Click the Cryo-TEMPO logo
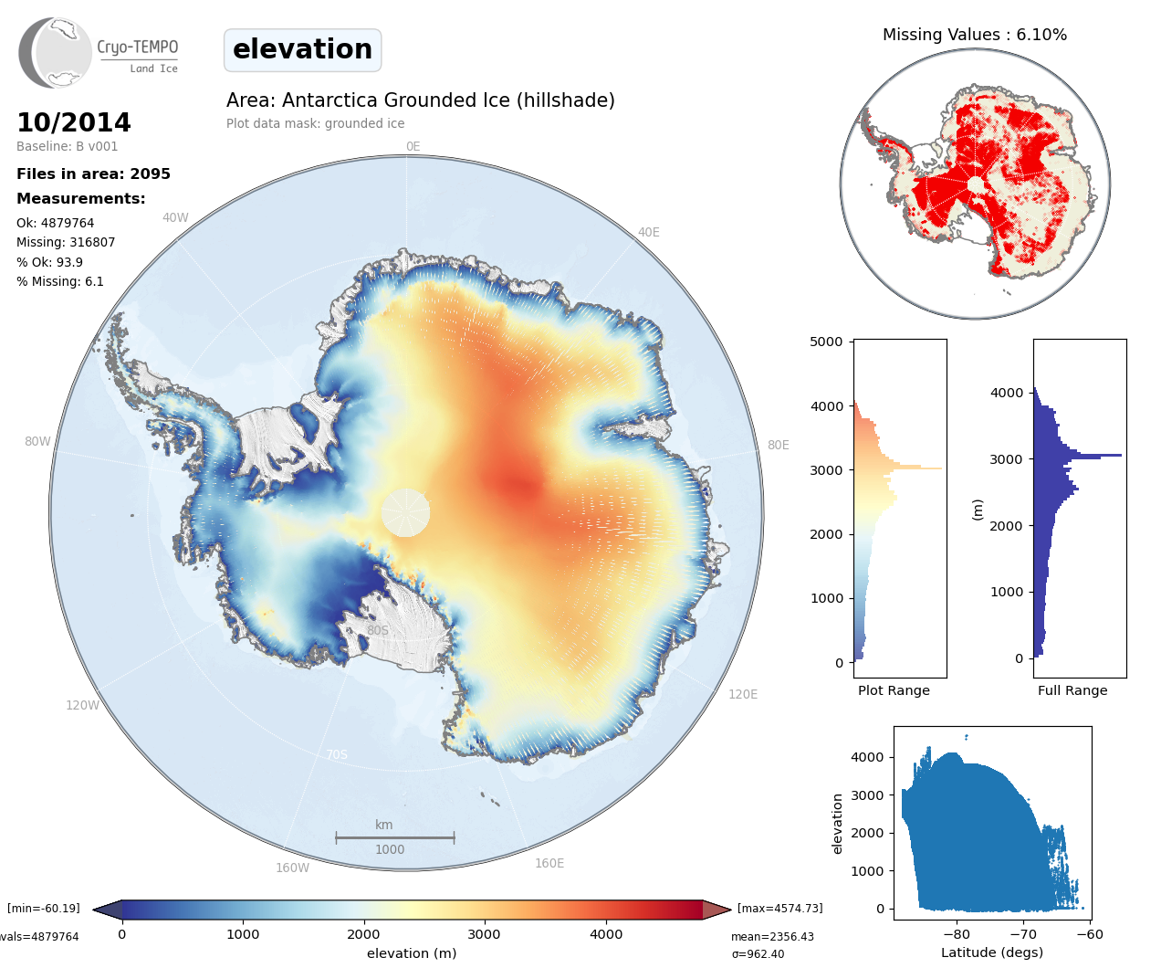98,53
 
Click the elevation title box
302,49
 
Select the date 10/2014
74,122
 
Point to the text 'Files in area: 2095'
93,174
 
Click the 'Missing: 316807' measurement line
66,242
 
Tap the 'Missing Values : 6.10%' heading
974,35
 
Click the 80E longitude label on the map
778,445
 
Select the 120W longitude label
82,705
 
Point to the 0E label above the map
413,146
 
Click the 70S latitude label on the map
337,754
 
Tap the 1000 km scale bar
394,837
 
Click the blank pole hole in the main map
405,512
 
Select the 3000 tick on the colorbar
484,934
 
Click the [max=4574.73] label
779,908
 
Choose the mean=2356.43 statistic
772,936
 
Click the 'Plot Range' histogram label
894,690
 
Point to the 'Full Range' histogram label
1072,690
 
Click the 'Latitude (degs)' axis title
992,952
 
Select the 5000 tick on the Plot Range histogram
826,342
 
